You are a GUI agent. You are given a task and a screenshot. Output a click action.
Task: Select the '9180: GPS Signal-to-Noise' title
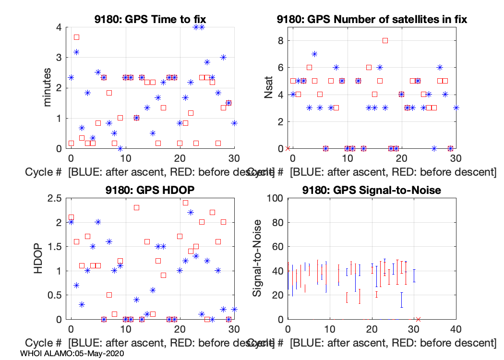[x=372, y=190]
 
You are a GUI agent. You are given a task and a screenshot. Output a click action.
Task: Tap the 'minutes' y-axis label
[x=48, y=88]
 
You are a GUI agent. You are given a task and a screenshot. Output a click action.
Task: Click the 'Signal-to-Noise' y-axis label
[x=258, y=258]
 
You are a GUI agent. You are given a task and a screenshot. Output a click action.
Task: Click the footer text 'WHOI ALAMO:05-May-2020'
[x=72, y=353]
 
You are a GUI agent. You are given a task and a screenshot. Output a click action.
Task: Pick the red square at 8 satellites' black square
[x=385, y=40]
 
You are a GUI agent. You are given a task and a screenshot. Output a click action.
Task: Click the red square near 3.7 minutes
[x=76, y=37]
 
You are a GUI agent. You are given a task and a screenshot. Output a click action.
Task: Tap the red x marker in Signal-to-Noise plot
[x=418, y=319]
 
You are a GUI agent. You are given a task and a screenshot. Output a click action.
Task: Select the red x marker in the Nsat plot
[x=288, y=148]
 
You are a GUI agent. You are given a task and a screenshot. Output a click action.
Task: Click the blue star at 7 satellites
[x=314, y=54]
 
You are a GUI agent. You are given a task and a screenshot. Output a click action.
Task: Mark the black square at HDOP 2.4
[x=185, y=203]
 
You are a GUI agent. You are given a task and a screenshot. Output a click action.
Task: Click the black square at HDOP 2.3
[x=136, y=207]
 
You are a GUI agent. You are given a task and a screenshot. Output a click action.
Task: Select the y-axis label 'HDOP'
[x=38, y=258]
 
